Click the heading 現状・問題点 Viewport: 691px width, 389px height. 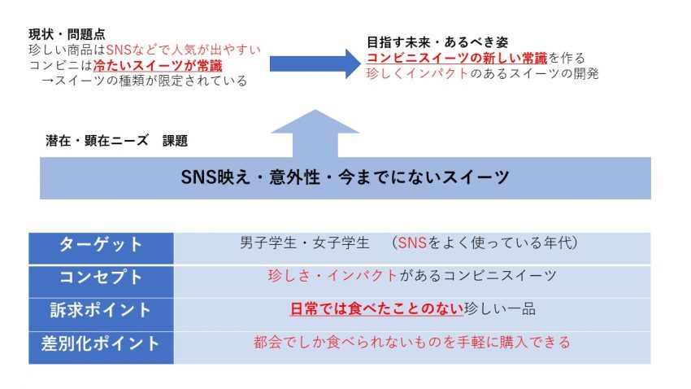pos(67,34)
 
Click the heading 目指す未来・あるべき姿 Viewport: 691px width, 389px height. pos(437,42)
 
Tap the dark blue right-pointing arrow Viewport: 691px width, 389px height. pos(315,64)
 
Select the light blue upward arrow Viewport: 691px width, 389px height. pos(315,133)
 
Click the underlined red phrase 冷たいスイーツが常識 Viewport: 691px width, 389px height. pos(158,66)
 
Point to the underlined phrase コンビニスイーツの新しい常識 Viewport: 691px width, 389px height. pos(457,58)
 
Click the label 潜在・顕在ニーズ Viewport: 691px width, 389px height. pos(97,141)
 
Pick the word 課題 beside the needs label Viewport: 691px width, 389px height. pos(175,141)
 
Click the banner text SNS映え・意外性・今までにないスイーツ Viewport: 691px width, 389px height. pos(345,177)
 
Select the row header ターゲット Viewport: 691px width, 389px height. pos(101,244)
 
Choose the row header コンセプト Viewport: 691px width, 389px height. pos(101,278)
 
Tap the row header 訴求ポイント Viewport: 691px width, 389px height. pos(101,310)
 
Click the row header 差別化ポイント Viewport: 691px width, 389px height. pos(101,343)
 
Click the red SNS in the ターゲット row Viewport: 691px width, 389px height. pos(412,243)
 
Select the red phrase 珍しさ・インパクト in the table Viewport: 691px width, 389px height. pos(332,276)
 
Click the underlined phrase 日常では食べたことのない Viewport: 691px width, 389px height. pos(376,308)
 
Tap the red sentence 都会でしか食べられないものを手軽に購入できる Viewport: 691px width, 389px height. pos(412,343)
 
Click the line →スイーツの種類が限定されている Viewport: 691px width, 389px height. pos(144,81)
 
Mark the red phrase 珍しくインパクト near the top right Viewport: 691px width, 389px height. pos(417,73)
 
